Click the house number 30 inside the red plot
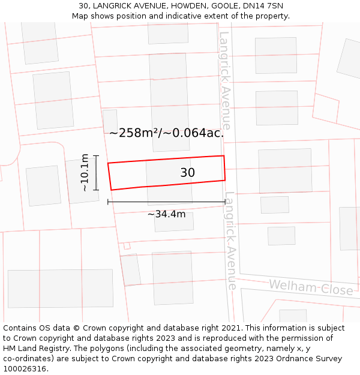point(187,173)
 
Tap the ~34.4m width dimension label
point(166,214)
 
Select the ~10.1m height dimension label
point(85,173)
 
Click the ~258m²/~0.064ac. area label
point(166,133)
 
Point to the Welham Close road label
point(310,287)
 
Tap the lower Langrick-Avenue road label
point(231,240)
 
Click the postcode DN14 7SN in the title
point(262,6)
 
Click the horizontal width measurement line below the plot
point(166,202)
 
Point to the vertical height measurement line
point(96,173)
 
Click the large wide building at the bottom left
point(60,289)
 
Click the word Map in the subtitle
point(80,16)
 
